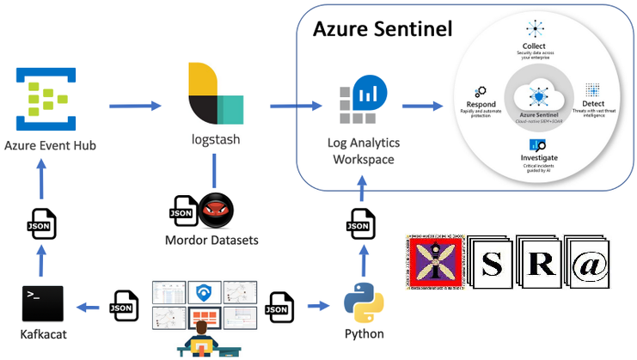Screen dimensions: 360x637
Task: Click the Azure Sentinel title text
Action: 382,31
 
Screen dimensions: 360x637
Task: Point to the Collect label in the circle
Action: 534,46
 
